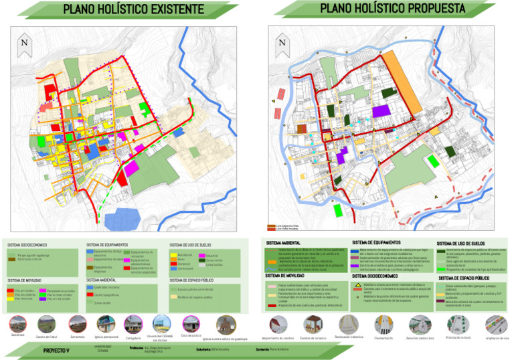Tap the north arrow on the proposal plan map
coord(282,42)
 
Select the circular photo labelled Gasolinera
coord(18,325)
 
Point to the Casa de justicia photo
coord(191,323)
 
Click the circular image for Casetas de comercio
coord(313,325)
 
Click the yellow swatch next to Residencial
coord(173,256)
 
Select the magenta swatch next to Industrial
coord(202,256)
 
